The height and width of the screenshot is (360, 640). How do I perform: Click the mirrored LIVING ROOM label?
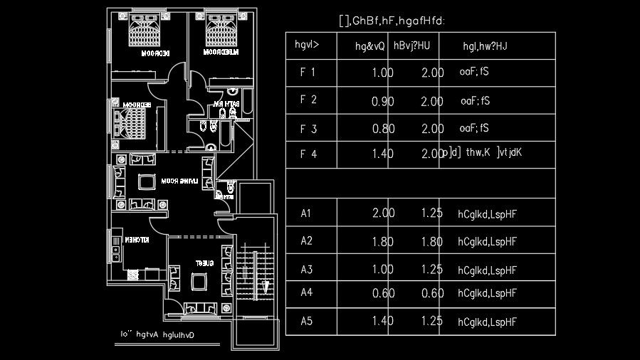coord(179,181)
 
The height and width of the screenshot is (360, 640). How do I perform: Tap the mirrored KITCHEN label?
coord(137,240)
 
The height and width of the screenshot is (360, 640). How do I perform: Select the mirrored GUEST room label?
coord(205,263)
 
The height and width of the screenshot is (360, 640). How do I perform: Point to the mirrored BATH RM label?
coord(227,105)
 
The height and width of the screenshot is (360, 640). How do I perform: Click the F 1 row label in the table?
coord(308,72)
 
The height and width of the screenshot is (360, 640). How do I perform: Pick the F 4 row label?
coord(308,154)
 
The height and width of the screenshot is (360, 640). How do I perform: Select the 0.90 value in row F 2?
coord(383,102)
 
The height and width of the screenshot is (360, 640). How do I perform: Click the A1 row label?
coord(307,213)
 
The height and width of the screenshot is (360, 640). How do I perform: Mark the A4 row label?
coord(307,292)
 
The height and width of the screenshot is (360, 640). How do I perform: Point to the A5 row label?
coord(307,321)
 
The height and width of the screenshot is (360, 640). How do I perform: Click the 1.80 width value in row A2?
coord(383,242)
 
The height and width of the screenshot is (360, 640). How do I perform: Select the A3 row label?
coord(307,270)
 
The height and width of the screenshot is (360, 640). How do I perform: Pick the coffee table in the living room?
coord(147,181)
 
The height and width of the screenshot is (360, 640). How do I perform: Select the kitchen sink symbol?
coord(115,248)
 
